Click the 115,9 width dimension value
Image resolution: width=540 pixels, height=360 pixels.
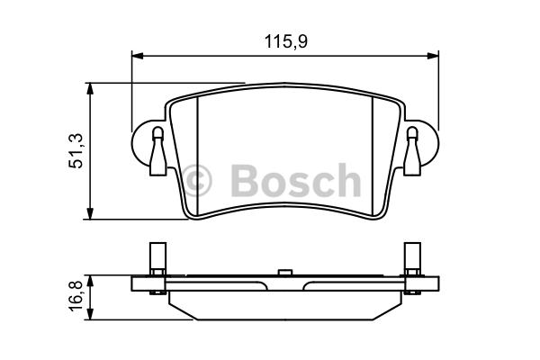pyautogui.click(x=286, y=41)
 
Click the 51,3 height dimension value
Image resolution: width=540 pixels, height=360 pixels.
pyautogui.click(x=76, y=150)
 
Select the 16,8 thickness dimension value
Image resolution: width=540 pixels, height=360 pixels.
pyautogui.click(x=76, y=294)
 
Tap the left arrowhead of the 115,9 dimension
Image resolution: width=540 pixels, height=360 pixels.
pyautogui.click(x=137, y=56)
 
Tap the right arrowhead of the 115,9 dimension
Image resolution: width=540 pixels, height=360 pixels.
pyautogui.click(x=433, y=56)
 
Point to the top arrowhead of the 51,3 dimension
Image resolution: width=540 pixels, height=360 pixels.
pyautogui.click(x=90, y=88)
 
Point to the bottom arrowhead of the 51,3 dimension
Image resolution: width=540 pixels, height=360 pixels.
pyautogui.click(x=90, y=213)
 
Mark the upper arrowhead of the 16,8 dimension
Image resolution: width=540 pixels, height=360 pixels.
pyautogui.click(x=90, y=281)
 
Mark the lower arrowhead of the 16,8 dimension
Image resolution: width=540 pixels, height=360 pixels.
pyautogui.click(x=90, y=314)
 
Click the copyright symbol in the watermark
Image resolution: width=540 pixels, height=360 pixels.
pyautogui.click(x=197, y=180)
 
